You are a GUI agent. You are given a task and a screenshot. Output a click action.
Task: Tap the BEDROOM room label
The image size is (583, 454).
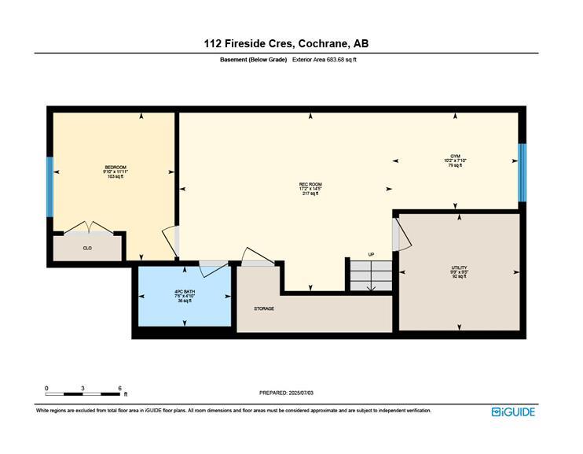click(x=115, y=172)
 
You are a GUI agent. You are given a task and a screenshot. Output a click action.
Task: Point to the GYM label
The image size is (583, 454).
click(x=454, y=161)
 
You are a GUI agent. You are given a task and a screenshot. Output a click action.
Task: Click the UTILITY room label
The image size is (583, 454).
click(x=459, y=272)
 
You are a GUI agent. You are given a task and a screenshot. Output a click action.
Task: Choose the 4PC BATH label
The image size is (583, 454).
click(x=185, y=296)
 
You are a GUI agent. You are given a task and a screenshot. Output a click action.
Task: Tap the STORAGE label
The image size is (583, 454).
click(x=264, y=308)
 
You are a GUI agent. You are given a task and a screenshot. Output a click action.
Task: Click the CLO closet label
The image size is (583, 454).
click(x=87, y=248)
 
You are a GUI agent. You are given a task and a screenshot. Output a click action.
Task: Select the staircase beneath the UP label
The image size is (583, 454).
click(x=370, y=276)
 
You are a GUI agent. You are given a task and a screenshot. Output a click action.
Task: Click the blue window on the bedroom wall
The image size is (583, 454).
click(x=49, y=186)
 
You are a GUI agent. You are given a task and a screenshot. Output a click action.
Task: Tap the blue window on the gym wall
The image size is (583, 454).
click(x=521, y=172)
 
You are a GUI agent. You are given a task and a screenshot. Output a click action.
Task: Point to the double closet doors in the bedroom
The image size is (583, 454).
click(x=89, y=228)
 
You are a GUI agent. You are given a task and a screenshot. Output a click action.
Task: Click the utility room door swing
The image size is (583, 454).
click(x=398, y=234)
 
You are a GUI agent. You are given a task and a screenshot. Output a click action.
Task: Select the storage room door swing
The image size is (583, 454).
click(x=256, y=257)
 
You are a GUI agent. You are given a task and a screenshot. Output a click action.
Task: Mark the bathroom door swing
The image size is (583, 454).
click(x=212, y=268)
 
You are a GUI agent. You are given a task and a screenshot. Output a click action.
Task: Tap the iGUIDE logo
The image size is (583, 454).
click(x=512, y=412)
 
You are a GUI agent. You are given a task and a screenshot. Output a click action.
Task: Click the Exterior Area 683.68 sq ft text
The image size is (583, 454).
click(x=324, y=60)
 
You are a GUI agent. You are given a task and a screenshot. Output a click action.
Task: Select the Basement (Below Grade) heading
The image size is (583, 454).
click(x=253, y=60)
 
